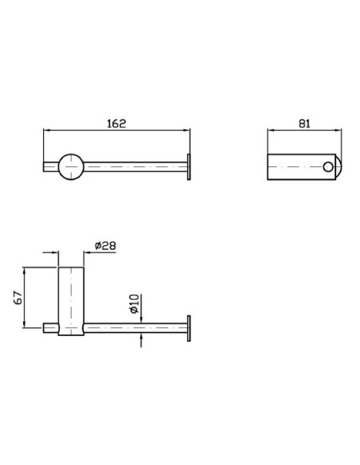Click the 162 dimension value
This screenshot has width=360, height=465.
(x=116, y=123)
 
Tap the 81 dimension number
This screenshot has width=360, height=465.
(x=304, y=123)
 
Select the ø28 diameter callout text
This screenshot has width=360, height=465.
(x=105, y=245)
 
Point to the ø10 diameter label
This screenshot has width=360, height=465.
(x=135, y=303)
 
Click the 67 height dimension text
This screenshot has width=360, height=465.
(x=18, y=298)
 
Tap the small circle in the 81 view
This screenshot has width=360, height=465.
(x=327, y=167)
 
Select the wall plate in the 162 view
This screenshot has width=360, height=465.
(x=189, y=167)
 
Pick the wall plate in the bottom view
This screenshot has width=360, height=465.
(x=189, y=328)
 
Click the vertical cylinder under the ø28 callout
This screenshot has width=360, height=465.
(x=71, y=301)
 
